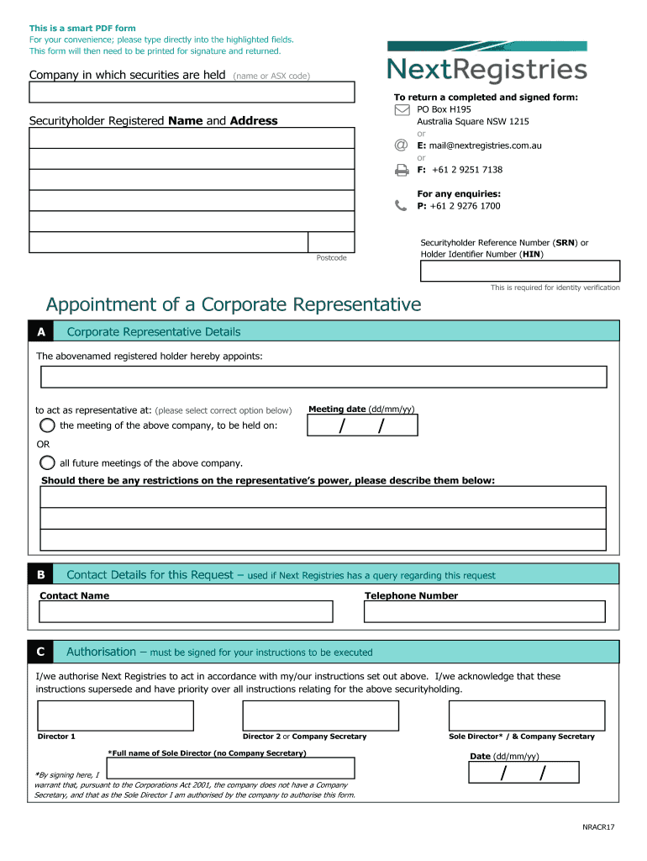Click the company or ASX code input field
point(192,92)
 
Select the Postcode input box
point(331,242)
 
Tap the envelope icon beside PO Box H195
point(402,109)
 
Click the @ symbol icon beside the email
point(402,145)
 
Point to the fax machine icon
point(402,170)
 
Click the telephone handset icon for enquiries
point(401,206)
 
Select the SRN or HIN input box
point(520,271)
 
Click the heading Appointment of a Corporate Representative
point(234,304)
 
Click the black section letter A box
point(40,332)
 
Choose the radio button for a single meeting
point(48,425)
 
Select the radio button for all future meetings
point(48,462)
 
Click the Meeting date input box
point(362,426)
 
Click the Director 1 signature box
point(116,716)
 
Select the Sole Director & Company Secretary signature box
point(526,716)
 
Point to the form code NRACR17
point(599,828)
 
